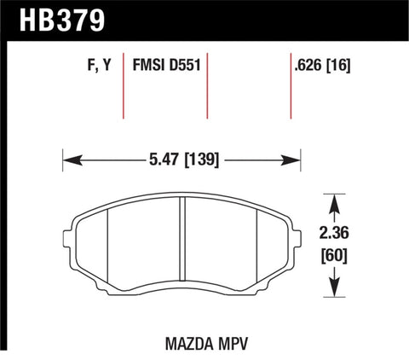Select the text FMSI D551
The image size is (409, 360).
click(x=166, y=65)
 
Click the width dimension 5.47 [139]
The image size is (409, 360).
click(x=181, y=159)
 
